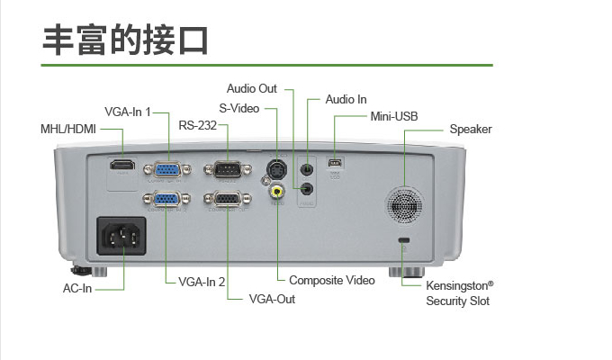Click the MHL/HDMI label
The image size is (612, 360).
click(x=67, y=129)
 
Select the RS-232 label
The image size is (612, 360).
click(x=197, y=125)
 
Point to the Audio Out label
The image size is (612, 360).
click(x=252, y=88)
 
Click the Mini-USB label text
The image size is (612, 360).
click(x=394, y=117)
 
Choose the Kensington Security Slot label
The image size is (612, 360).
click(x=459, y=293)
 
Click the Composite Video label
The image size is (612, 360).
click(x=331, y=281)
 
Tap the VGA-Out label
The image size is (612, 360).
click(x=272, y=299)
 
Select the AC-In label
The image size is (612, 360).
click(x=77, y=289)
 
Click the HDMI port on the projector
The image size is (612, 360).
click(x=121, y=166)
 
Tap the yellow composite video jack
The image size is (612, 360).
click(x=277, y=190)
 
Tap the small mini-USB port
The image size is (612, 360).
click(x=335, y=163)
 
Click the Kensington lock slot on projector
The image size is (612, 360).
click(x=403, y=239)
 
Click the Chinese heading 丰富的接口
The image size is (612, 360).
click(x=125, y=40)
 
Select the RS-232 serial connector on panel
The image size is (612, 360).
click(x=225, y=168)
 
